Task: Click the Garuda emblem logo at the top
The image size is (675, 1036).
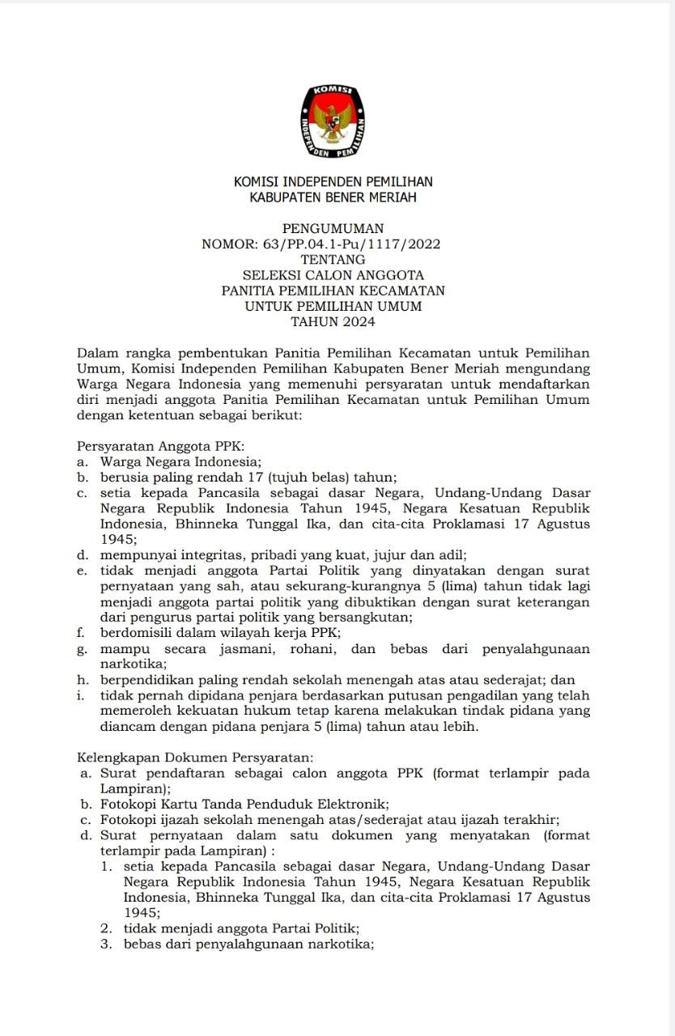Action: coord(333,121)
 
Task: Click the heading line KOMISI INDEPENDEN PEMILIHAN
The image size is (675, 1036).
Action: coord(333,182)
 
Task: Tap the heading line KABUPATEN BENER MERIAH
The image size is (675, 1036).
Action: coord(333,197)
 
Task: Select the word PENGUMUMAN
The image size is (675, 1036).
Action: coord(333,229)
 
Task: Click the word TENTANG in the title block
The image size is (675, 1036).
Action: coord(333,260)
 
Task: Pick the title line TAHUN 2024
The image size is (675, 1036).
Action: coord(333,322)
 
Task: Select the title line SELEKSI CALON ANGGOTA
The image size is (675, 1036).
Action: coord(333,275)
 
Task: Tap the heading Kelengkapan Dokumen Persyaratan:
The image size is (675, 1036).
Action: coord(194,758)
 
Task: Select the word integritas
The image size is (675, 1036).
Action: coord(204,555)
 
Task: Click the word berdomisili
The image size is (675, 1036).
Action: coord(139,633)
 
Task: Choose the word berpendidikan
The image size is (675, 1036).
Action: coord(147,680)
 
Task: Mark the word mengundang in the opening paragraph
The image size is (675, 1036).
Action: coord(550,368)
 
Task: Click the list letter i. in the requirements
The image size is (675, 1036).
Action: coord(82,695)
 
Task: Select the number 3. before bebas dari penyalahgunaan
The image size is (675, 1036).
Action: coord(106,945)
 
